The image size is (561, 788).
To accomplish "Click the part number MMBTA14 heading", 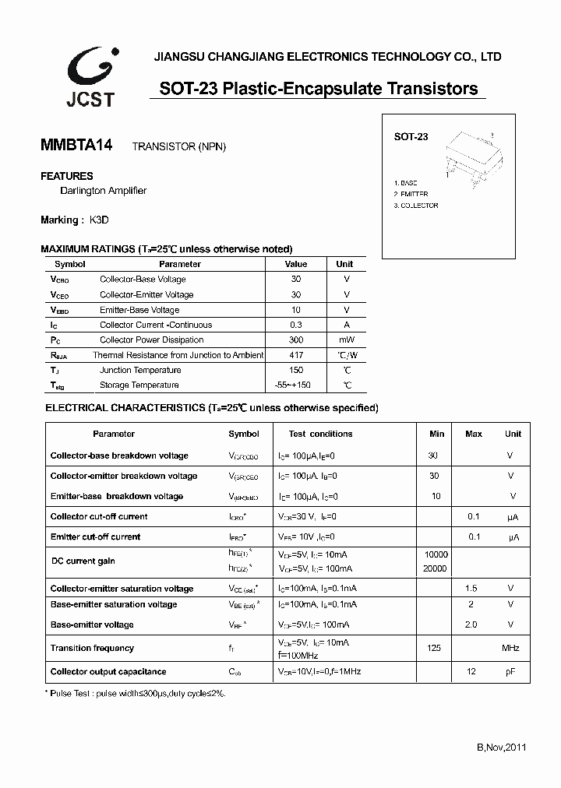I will click(x=76, y=145).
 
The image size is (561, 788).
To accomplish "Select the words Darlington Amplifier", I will click(x=104, y=191).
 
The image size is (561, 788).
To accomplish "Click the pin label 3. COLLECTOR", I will click(x=416, y=206).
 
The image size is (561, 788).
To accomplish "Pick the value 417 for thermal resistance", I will click(x=296, y=355).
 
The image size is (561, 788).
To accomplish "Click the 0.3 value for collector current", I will click(x=296, y=325).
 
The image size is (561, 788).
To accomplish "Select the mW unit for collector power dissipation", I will click(x=346, y=340).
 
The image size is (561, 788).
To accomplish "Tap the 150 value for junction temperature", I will click(x=296, y=370).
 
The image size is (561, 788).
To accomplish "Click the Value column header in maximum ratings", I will click(x=296, y=264).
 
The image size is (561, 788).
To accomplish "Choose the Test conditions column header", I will click(x=320, y=434).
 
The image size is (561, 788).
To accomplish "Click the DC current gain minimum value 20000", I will click(x=435, y=568).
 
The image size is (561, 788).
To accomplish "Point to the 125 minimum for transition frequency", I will click(x=435, y=648).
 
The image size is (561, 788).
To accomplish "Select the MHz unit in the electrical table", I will click(x=511, y=648).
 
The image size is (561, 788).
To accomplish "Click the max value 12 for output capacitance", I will click(x=471, y=671).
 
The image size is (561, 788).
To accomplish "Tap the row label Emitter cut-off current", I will click(x=96, y=536).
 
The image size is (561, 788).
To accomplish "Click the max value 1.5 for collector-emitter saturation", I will click(x=471, y=589).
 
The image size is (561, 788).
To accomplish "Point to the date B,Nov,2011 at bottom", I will click(x=502, y=748).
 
